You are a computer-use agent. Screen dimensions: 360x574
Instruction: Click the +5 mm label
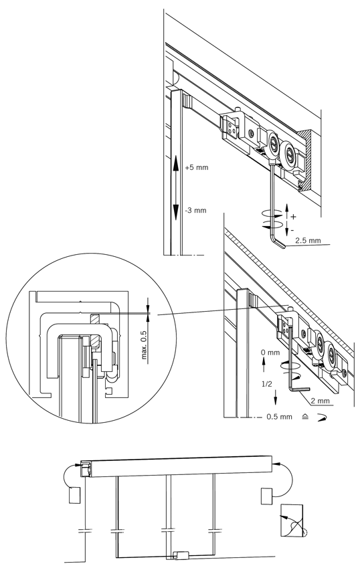[x=197, y=167]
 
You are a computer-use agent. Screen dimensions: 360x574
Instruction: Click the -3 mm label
[x=195, y=210]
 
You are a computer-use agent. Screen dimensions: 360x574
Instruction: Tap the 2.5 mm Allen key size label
[x=308, y=241]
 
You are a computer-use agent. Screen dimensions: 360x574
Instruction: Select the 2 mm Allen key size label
[x=321, y=401]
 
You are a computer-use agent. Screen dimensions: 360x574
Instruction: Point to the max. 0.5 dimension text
[x=144, y=345]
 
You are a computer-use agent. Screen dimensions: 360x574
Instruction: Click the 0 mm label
[x=270, y=353]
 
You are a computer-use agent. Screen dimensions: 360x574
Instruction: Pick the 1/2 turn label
[x=267, y=384]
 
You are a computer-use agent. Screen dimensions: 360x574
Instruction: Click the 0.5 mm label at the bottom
[x=279, y=417]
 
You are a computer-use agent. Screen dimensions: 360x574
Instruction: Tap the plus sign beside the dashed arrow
[x=293, y=217]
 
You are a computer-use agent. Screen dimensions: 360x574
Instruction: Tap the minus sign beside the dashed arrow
[x=292, y=231]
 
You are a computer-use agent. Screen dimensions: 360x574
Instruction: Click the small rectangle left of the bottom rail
[x=74, y=495]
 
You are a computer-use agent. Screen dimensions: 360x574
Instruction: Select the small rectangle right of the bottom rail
[x=266, y=496]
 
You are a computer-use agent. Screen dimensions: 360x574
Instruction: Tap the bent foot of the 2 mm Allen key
[x=300, y=389]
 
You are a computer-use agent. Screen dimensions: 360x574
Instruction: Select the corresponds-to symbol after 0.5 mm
[x=306, y=417]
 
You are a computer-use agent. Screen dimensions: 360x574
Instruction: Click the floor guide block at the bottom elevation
[x=181, y=555]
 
